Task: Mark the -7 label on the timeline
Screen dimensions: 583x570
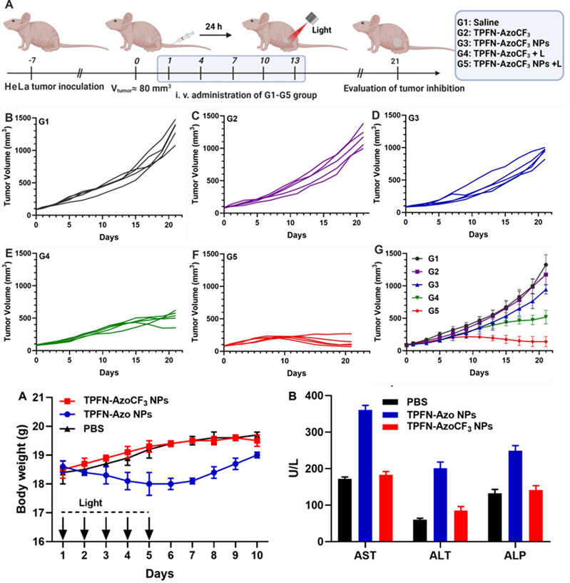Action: click(x=31, y=61)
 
